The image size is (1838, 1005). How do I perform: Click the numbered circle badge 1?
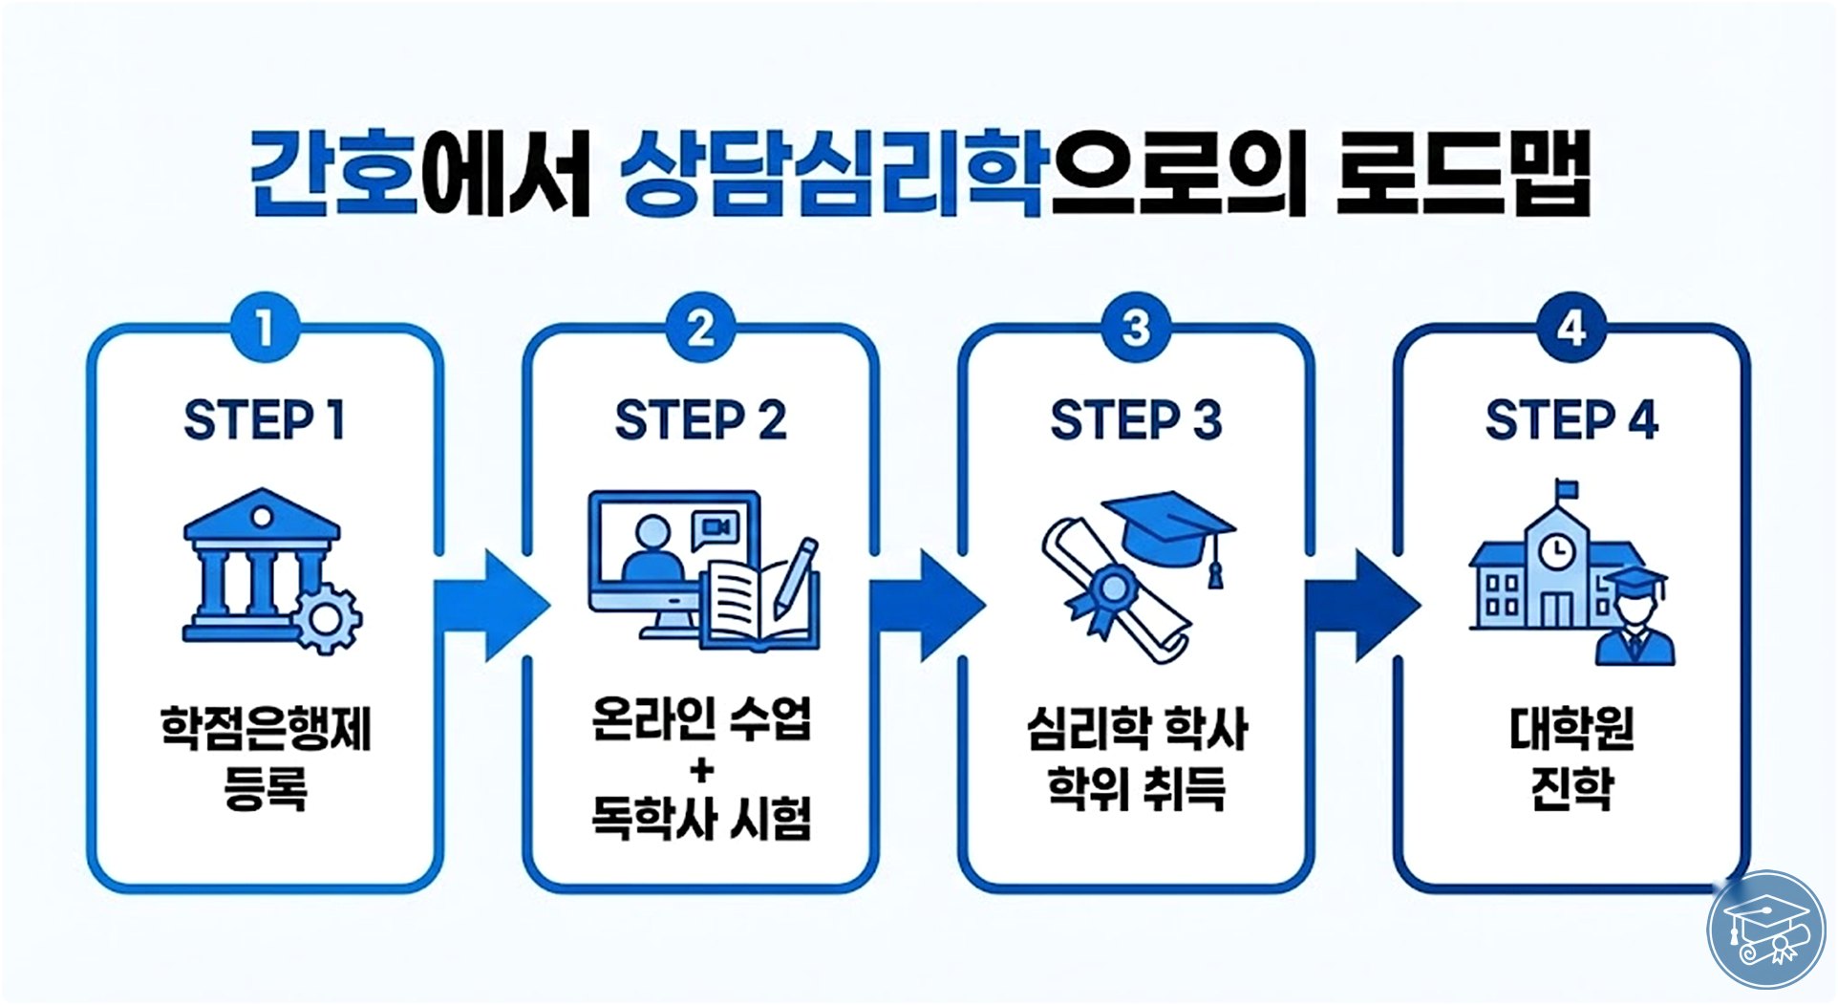point(265,330)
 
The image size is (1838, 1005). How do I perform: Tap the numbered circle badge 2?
point(700,330)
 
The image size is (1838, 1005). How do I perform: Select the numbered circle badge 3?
point(1136,330)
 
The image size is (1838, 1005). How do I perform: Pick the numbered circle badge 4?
point(1571,330)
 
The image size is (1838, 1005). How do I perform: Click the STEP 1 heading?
point(265,420)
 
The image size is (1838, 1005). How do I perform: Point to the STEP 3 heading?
point(1136,420)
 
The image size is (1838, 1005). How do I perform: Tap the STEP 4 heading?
point(1571,420)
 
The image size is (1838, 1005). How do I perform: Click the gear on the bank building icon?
point(326,618)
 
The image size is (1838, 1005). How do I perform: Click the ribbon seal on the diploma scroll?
point(1109,588)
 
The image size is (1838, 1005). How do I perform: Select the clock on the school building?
point(1557,550)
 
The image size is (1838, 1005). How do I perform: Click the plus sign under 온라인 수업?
point(701,770)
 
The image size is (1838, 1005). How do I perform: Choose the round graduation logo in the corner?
point(1765,929)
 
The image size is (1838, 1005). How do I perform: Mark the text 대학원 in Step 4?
point(1571,730)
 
